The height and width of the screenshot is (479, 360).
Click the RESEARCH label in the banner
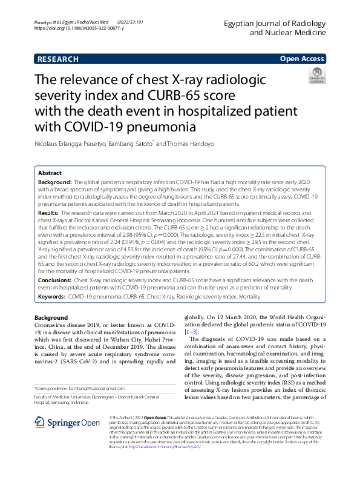click(58, 59)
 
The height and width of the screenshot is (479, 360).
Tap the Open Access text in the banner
click(302, 59)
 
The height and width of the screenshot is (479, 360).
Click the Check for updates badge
click(316, 77)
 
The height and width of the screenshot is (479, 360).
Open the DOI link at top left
click(79, 28)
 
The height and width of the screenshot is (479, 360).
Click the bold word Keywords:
click(52, 297)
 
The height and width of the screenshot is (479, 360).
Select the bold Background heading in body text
click(51, 318)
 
